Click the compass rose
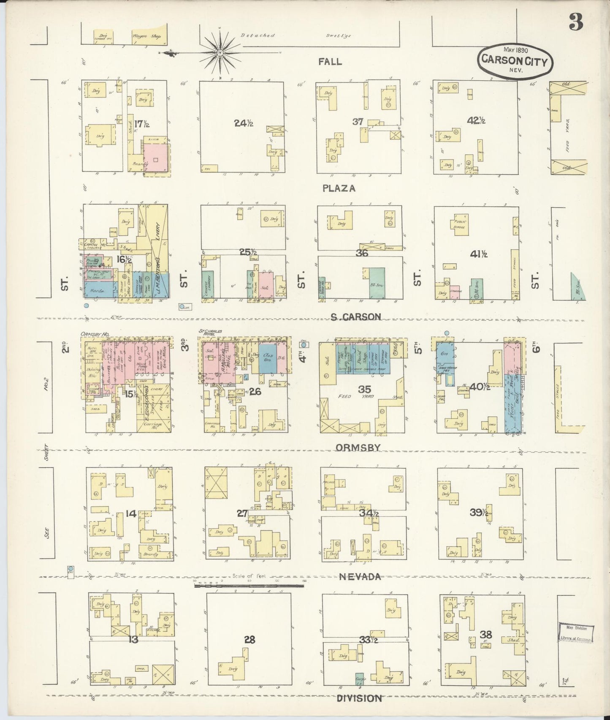click(220, 52)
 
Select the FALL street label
click(330, 62)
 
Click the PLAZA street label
click(339, 188)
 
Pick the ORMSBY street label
click(358, 447)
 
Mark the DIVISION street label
click(359, 698)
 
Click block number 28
click(249, 640)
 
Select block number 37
click(358, 122)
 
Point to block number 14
click(131, 514)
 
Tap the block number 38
click(486, 634)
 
